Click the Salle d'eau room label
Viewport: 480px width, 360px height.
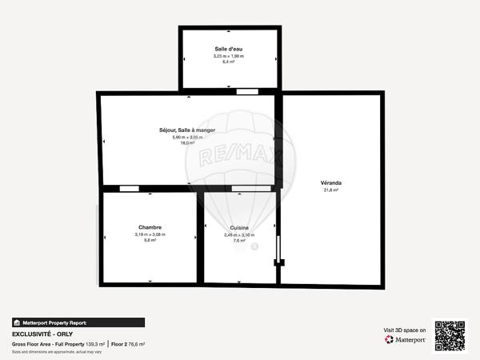coord(230,49)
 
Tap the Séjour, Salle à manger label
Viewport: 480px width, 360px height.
coord(187,130)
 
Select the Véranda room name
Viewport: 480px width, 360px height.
coord(330,183)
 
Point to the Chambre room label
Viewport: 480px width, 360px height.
coord(150,227)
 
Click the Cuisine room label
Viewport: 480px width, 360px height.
coord(239,228)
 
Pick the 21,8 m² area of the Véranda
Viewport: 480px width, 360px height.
coord(330,190)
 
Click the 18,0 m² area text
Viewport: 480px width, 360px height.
coord(187,143)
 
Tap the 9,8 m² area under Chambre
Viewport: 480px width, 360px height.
coord(150,240)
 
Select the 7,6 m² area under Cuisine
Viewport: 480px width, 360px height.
coord(239,241)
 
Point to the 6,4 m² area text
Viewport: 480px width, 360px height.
coord(230,62)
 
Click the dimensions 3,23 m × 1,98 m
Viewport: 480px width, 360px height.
coord(230,56)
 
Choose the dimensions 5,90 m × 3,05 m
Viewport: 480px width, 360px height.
coord(187,137)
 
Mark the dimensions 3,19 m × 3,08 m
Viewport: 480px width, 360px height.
coord(150,234)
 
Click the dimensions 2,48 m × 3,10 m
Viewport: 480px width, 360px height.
coord(239,234)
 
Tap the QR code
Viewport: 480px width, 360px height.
coord(450,336)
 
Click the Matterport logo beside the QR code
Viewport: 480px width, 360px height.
coord(405,339)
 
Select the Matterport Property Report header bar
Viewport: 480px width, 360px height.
coord(78,322)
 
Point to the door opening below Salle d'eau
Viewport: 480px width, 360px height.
coord(247,92)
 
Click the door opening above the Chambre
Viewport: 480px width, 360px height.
coord(129,189)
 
